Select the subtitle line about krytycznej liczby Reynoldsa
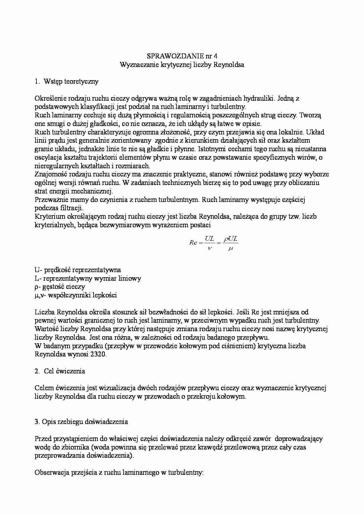182,65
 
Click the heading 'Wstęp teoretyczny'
71,82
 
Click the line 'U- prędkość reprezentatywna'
77,270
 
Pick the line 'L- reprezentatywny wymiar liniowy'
87,278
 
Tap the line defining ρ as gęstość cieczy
60,287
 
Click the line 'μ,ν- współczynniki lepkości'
75,295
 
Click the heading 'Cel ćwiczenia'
64,371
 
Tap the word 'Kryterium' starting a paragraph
48,217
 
